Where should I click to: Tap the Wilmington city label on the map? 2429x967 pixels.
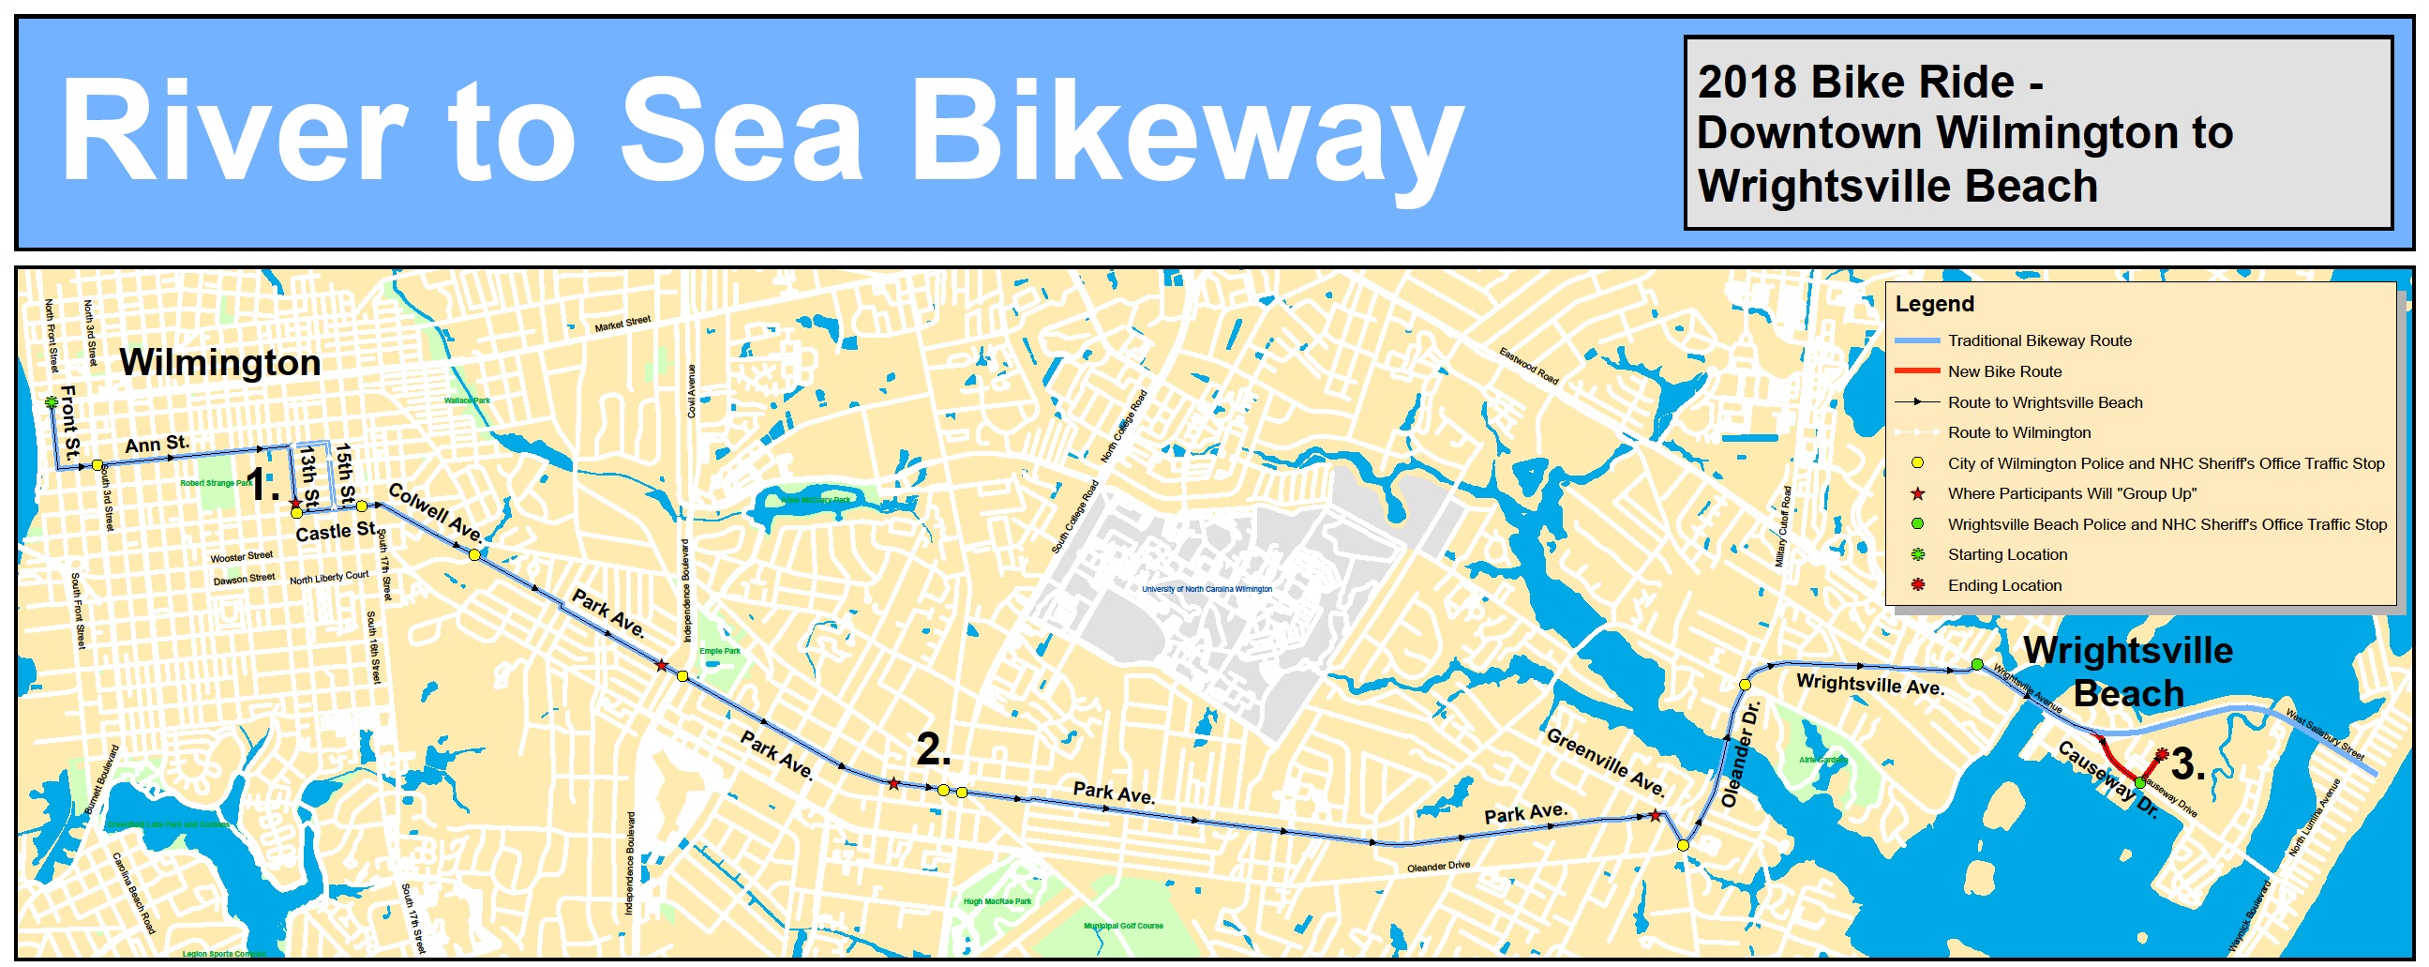(219, 363)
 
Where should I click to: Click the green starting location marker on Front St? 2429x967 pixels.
(51, 402)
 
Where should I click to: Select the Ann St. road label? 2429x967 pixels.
(157, 444)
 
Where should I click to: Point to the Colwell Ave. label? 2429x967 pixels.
(436, 513)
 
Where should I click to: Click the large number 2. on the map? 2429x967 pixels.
(934, 750)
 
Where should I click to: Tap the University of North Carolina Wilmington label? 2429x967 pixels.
(1206, 589)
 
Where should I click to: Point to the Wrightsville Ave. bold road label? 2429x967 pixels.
(1870, 684)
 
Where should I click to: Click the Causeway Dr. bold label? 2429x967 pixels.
(2107, 779)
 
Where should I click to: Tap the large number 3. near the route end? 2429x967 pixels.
(2188, 765)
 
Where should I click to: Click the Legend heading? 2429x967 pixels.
(1934, 304)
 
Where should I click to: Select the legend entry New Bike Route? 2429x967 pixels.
(2004, 371)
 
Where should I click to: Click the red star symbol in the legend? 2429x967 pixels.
(1917, 493)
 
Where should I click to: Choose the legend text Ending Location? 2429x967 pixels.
(2004, 586)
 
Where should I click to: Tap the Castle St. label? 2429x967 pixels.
(336, 532)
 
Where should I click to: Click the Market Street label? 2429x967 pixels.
(622, 324)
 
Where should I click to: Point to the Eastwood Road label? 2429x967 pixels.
(1528, 366)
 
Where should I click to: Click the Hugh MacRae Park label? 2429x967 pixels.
(997, 902)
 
